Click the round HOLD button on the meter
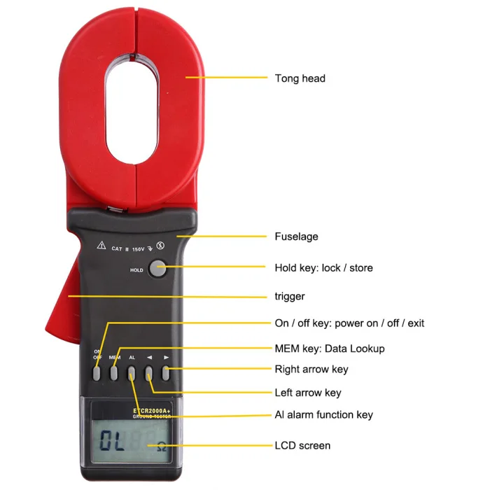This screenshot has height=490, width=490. click(x=158, y=268)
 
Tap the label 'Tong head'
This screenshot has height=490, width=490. click(x=300, y=78)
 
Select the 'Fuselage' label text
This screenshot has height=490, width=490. click(x=296, y=237)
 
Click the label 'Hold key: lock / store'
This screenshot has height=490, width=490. click(x=323, y=267)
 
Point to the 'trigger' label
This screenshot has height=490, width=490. click(x=290, y=296)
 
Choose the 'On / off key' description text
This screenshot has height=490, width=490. click(x=349, y=323)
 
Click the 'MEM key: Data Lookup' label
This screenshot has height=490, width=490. click(x=329, y=348)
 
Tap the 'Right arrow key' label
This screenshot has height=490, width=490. click(x=311, y=369)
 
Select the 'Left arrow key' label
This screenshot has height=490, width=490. click(x=307, y=393)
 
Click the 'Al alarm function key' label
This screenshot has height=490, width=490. click(x=323, y=415)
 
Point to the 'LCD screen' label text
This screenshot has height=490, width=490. click(x=302, y=445)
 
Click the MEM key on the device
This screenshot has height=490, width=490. click(x=114, y=373)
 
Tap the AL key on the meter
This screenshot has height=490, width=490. click(x=132, y=373)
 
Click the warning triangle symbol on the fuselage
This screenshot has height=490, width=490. click(x=101, y=246)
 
